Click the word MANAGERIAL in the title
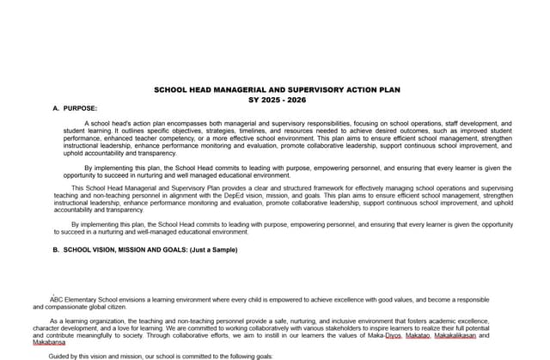[230, 89]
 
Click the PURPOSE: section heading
[81, 108]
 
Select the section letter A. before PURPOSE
[56, 108]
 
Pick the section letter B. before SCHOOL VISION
[56, 250]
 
